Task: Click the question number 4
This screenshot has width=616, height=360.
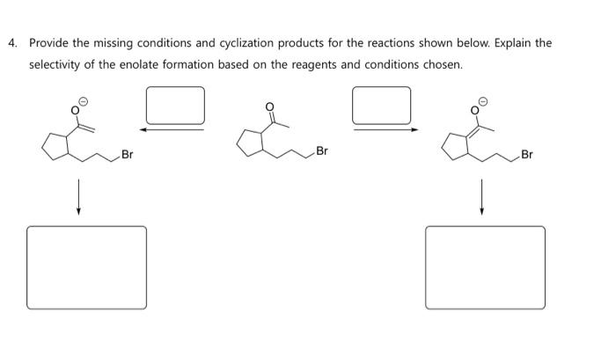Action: (x=11, y=43)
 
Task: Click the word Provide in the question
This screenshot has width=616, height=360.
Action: (x=49, y=43)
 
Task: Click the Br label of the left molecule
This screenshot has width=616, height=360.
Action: (x=128, y=156)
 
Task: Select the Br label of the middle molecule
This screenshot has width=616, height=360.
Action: (x=321, y=151)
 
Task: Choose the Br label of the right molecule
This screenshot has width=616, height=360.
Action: (x=527, y=156)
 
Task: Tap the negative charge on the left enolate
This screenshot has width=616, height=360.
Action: (x=82, y=101)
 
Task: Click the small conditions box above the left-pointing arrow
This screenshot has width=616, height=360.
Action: (x=175, y=105)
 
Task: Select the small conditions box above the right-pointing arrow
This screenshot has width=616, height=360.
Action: (x=381, y=105)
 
